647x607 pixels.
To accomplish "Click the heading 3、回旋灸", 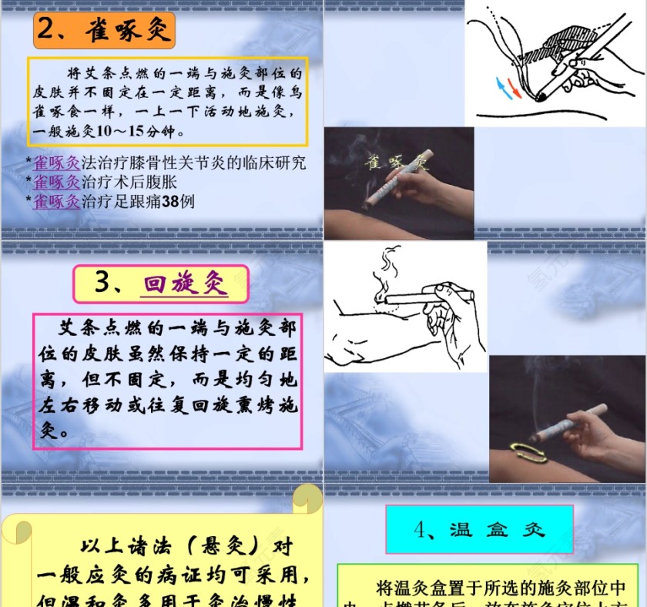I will tap(161, 284).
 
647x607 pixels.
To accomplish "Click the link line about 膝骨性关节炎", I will tap(169, 163).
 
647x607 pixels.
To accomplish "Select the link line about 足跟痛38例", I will tap(114, 202).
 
